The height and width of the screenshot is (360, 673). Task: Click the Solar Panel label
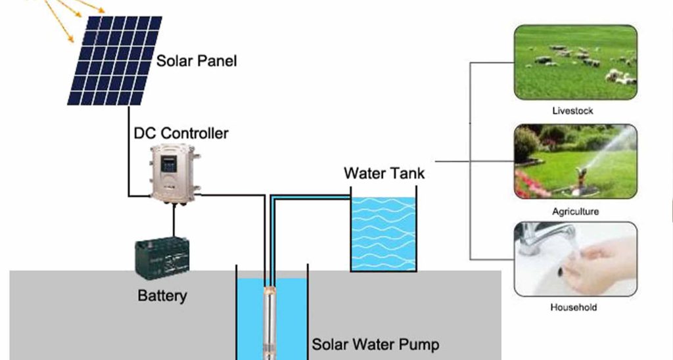196,62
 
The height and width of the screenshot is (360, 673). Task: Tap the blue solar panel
114,60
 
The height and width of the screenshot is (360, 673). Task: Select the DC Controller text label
181,133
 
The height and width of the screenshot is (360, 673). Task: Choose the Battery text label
162,296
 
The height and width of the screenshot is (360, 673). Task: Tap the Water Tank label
384,173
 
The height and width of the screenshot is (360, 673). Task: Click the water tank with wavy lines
384,233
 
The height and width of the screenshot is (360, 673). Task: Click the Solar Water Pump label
375,344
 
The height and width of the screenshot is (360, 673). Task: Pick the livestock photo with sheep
575,62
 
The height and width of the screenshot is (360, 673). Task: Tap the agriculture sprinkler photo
575,162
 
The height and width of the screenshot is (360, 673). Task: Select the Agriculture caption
575,212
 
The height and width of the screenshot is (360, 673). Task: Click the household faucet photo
575,259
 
